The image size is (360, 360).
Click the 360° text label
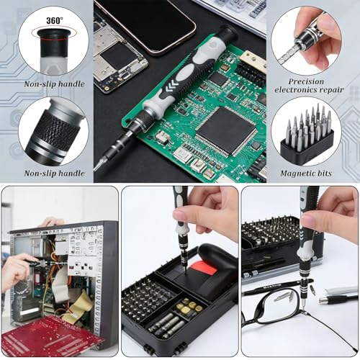[55, 20]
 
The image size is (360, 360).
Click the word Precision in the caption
[306, 81]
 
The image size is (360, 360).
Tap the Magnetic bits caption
[306, 174]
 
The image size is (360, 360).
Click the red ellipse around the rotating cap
[53, 33]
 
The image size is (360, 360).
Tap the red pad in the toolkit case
[203, 269]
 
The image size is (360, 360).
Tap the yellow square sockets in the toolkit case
[189, 305]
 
